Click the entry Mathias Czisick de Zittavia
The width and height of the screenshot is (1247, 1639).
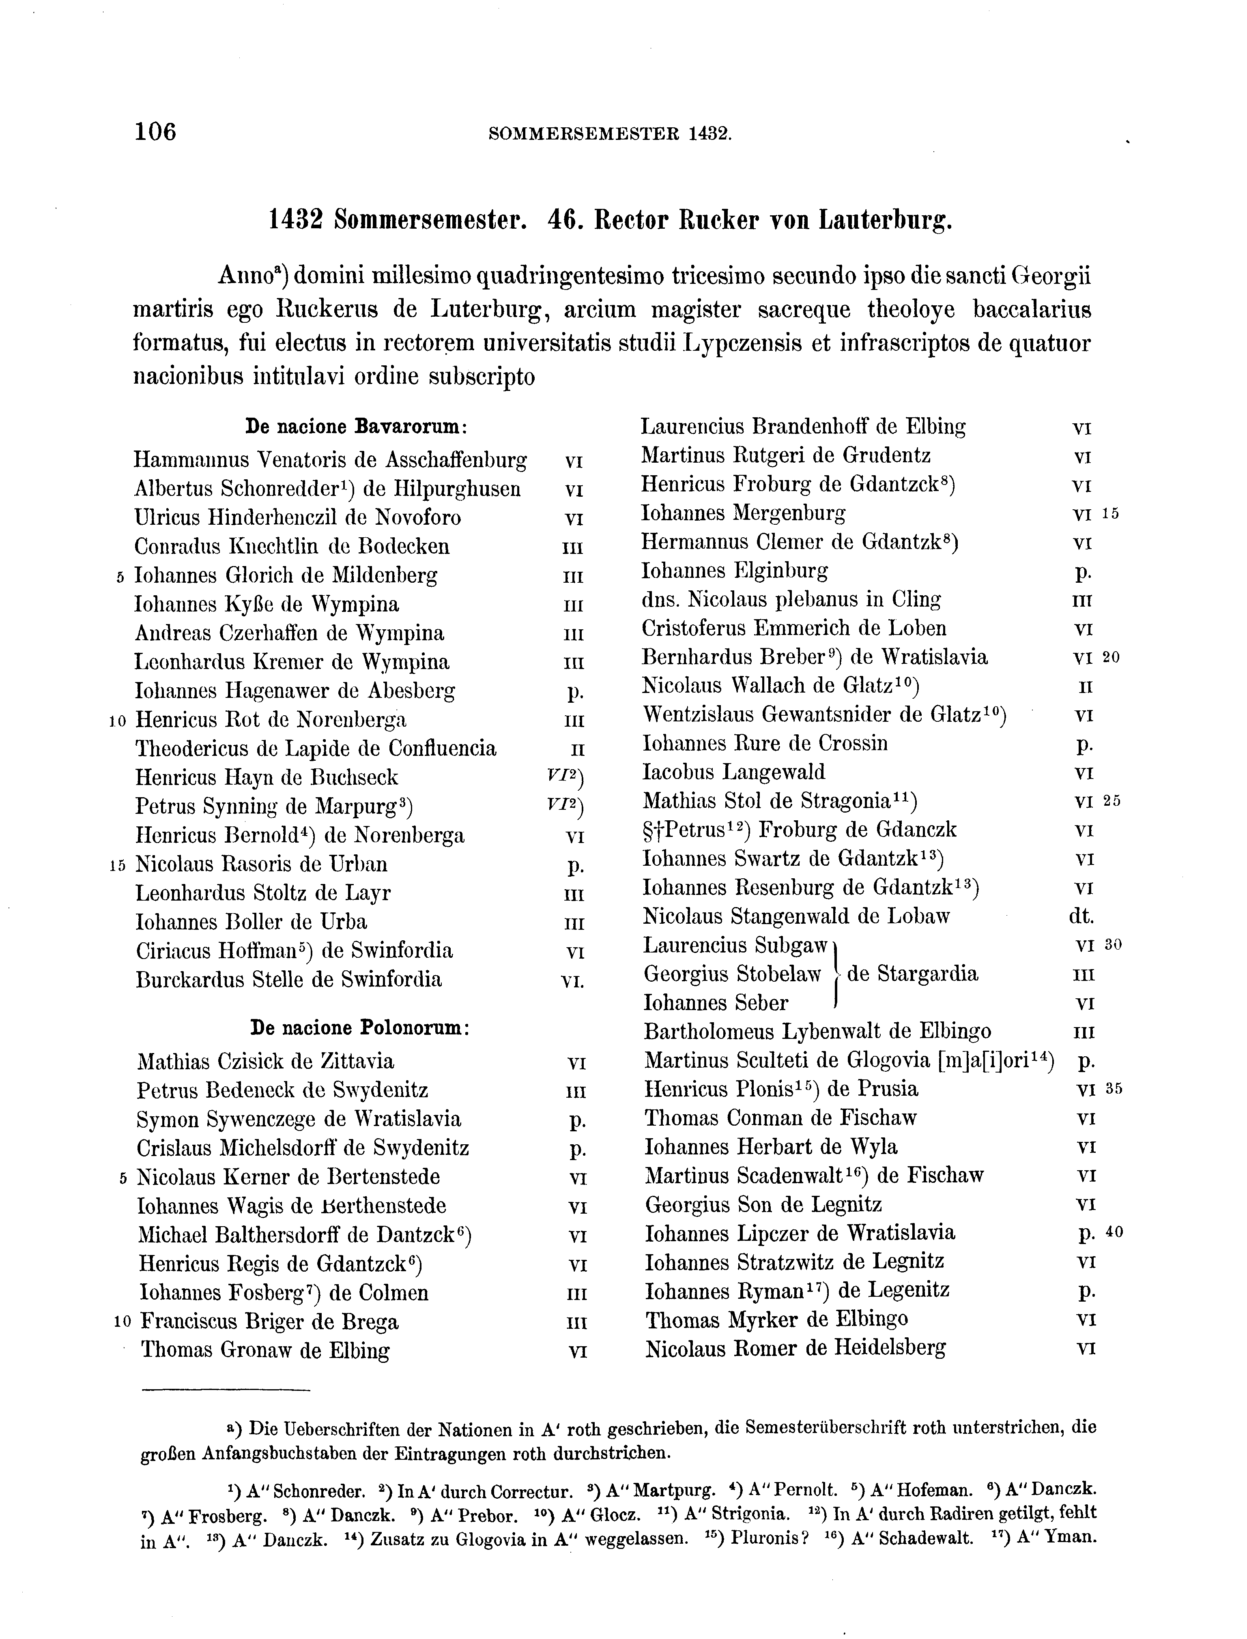coord(266,1061)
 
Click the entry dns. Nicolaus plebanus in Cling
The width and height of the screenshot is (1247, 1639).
coord(791,599)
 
